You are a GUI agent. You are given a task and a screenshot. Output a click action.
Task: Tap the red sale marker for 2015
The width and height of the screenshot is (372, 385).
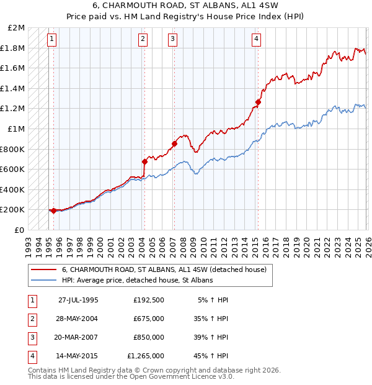pyautogui.click(x=258, y=102)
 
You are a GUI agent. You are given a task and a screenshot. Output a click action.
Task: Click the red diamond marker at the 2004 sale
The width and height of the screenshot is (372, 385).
pyautogui.click(x=144, y=161)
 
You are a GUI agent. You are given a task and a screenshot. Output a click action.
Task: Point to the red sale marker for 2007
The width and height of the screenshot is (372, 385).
pyautogui.click(x=174, y=144)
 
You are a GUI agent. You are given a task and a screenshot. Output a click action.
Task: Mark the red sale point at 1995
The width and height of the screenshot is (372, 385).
pyautogui.click(x=53, y=211)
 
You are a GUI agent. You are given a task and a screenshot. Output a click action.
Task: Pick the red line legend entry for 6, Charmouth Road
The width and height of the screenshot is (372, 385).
pyautogui.click(x=164, y=269)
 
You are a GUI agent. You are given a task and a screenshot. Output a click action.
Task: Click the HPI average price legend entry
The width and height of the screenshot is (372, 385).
pyautogui.click(x=137, y=281)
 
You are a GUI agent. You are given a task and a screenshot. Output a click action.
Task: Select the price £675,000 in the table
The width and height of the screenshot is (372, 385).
pyautogui.click(x=149, y=319)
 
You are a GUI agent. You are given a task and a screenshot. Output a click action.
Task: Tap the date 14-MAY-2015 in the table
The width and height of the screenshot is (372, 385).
pyautogui.click(x=78, y=356)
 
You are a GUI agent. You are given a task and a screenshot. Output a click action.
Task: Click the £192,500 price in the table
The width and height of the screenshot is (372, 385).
pyautogui.click(x=149, y=300)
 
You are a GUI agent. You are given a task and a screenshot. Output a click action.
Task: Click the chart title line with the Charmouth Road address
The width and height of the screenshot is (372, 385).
pyautogui.click(x=186, y=7)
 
